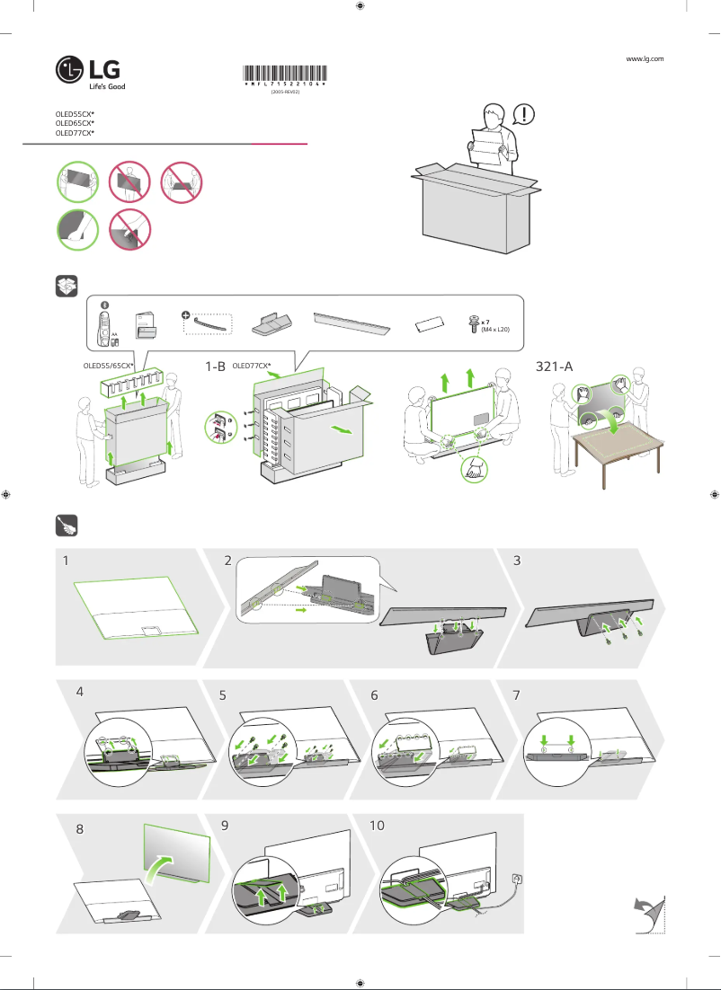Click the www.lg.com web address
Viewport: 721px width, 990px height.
tap(644, 58)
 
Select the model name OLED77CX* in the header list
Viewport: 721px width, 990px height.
tap(75, 132)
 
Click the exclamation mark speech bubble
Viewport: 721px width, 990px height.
tap(524, 114)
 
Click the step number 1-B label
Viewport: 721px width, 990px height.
tap(215, 367)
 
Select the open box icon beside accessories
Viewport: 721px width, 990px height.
tap(67, 287)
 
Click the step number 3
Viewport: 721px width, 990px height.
tap(517, 560)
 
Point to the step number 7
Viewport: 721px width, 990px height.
tap(516, 694)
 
